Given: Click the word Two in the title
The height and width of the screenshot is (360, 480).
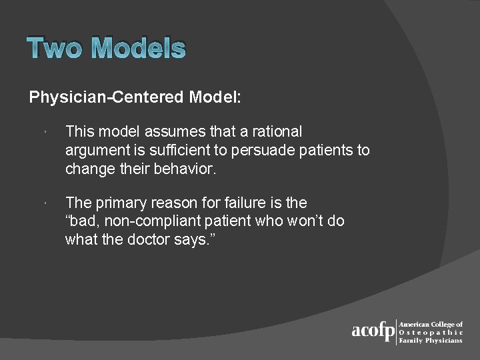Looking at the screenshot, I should [55, 49].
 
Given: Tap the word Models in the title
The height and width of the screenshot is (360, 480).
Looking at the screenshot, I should [138, 49].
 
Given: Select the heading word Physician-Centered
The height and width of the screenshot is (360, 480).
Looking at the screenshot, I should [107, 97].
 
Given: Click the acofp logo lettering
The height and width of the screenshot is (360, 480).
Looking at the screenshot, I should [373, 331].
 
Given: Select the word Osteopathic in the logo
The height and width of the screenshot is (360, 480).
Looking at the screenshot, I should [431, 332].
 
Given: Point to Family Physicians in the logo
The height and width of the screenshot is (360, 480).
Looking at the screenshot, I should [430, 340].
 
